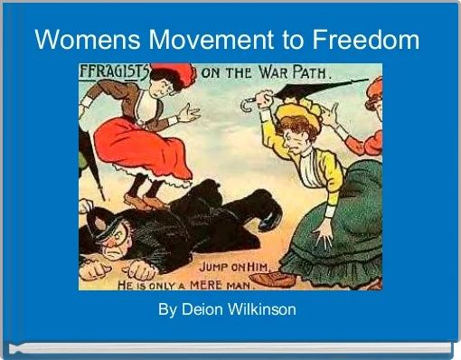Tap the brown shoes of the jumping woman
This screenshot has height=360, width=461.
[x=145, y=200]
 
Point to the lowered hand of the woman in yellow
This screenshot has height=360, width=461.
[x=322, y=234]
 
